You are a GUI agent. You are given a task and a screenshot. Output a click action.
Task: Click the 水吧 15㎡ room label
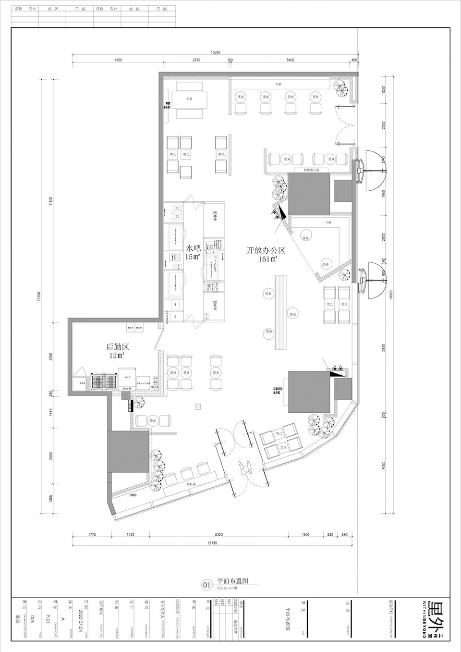coord(193,252)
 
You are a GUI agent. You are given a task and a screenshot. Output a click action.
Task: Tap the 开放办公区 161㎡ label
coord(266,254)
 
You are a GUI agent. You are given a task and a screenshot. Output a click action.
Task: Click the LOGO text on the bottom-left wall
coord(133,494)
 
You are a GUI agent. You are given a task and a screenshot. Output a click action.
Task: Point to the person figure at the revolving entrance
coord(246,467)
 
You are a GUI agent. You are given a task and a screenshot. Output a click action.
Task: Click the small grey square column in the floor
coord(197,407)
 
